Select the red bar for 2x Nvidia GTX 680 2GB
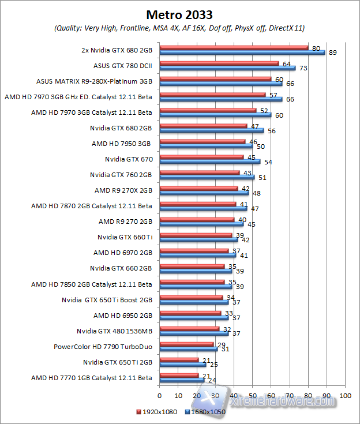coord(234,47)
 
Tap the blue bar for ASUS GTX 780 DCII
coord(227,67)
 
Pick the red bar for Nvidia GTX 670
coord(201,156)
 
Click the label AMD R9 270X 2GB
coord(123,190)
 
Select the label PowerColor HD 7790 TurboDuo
coord(103,347)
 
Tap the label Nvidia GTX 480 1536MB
coord(114,331)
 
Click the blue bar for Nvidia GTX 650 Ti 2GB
coord(182,365)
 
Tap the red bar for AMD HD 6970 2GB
coord(194,250)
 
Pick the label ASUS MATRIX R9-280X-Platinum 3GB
coord(94,80)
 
